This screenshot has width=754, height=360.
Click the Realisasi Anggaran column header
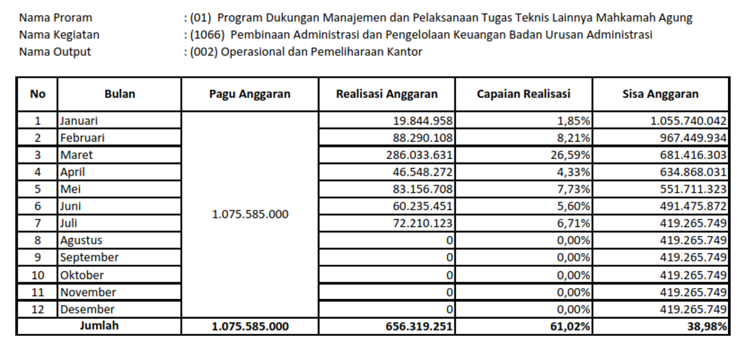387,95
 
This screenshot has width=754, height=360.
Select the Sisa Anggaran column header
661,95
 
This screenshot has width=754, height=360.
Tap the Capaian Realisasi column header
524,95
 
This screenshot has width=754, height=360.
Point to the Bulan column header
119,95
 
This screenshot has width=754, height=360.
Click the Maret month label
76,155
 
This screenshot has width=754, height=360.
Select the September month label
89,258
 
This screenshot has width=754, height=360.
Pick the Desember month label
87,309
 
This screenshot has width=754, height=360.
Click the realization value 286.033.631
419,155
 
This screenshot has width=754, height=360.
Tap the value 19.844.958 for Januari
423,121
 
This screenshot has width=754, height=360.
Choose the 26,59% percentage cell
571,155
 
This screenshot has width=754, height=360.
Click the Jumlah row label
99,326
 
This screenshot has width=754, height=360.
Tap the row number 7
38,224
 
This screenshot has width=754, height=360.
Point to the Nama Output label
55,51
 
